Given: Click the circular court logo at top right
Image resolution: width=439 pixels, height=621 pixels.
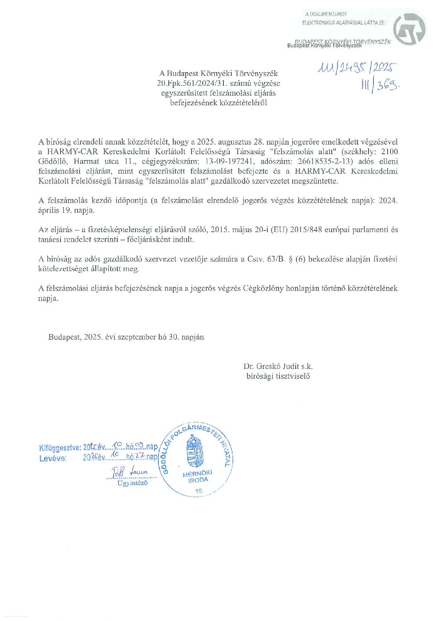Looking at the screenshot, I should point(409,29).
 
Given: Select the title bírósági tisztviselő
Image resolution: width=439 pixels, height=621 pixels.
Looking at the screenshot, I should point(278,376).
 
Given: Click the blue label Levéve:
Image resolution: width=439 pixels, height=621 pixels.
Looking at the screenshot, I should point(53,458).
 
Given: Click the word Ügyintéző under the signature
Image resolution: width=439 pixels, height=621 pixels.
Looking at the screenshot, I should point(132,483).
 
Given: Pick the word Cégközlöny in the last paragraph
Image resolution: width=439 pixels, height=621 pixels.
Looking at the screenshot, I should point(263,288).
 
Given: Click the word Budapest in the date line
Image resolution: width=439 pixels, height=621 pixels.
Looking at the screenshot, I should point(64,337).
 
